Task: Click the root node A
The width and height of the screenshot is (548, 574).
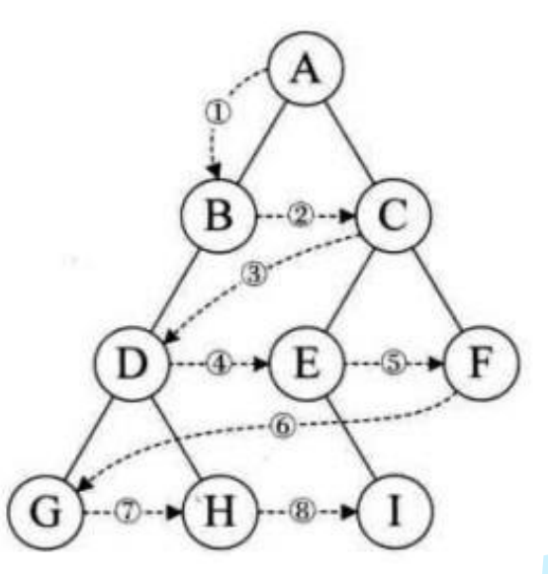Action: coord(307,69)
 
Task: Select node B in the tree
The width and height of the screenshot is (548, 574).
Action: coord(219,216)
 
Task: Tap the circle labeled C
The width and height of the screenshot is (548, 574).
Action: coord(394,216)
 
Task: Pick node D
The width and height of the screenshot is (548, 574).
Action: coord(133,364)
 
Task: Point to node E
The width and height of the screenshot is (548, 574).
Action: coord(308,364)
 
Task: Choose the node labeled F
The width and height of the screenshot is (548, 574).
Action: coord(482,363)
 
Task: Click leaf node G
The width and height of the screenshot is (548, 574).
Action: coord(46,512)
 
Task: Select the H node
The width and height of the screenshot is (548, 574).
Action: coord(220,512)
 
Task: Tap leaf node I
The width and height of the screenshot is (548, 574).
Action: coord(395,512)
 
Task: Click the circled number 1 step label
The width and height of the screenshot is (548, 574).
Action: coord(218,113)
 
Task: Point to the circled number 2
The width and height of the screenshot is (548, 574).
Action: coord(301,215)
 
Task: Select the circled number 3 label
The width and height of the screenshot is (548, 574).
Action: coord(254,274)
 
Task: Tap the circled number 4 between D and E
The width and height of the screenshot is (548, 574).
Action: coord(220,365)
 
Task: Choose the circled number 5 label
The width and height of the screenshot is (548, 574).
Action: coord(394,364)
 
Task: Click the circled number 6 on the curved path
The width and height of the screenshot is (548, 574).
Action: coord(283,426)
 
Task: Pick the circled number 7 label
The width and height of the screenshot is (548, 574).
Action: coord(128,512)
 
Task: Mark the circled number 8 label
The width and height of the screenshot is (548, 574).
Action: coord(303,512)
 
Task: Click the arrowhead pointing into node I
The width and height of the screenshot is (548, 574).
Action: coord(349,512)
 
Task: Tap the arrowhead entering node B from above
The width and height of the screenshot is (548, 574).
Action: coord(215,171)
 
